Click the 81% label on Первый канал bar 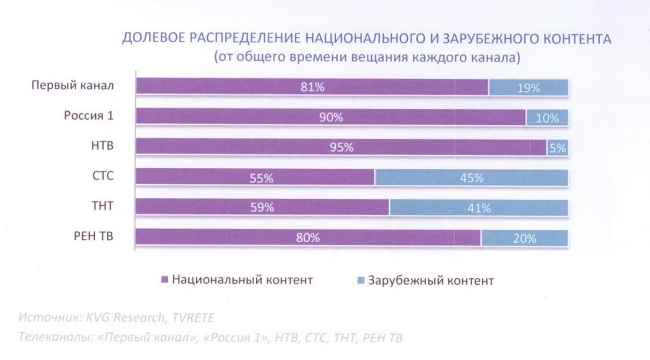coord(313,87)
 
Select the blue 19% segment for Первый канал coord(528,87)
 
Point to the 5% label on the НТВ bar coord(557,147)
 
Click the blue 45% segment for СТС coord(471,178)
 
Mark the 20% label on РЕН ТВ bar coord(525,238)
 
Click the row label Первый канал coord(72,86)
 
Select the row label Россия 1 coord(89,116)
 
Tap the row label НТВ coord(102,146)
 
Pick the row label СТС coord(103,176)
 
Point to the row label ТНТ coord(103,206)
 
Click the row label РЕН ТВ coord(94,236)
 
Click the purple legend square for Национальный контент coord(165,280)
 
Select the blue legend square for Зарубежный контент coord(361,280)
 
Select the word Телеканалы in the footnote coord(53,337)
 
